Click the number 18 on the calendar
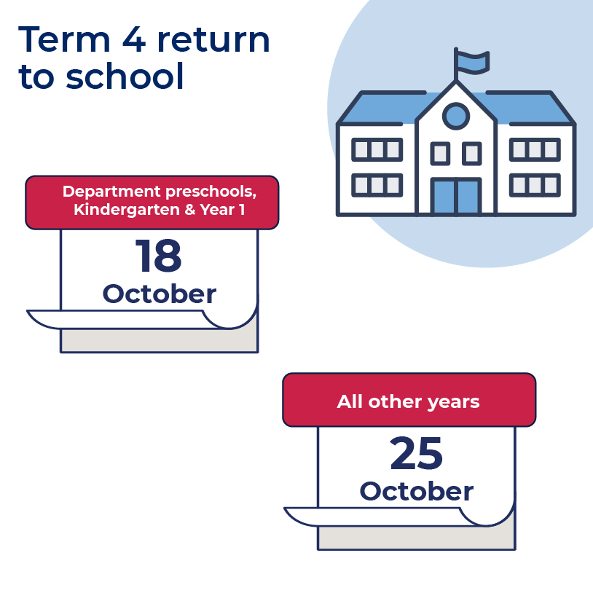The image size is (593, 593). (x=158, y=256)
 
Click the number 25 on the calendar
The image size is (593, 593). (x=416, y=454)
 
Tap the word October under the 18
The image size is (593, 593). (x=159, y=294)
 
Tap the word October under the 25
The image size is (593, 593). (x=416, y=491)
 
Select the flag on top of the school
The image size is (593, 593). (x=472, y=62)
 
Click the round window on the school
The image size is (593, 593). (x=456, y=114)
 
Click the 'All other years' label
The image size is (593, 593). (x=408, y=401)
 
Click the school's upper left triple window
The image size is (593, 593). (x=377, y=149)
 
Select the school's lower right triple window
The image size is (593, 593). (x=534, y=184)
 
